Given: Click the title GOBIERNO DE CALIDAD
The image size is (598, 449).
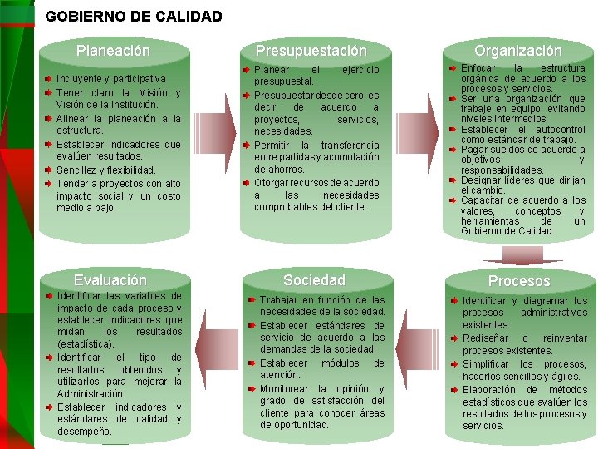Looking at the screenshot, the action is point(134,16).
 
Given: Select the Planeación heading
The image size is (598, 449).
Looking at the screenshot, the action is point(113,51).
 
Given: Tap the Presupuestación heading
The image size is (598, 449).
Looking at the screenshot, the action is point(311,51).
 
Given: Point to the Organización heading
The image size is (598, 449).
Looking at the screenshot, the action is point(517,51).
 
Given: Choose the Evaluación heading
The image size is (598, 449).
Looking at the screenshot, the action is point(110,280).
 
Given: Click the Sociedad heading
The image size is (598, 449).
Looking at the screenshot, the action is point(314,280).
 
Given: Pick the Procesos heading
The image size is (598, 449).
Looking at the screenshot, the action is point(519,281).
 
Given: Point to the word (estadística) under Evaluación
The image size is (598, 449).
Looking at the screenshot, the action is point(86,343).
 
